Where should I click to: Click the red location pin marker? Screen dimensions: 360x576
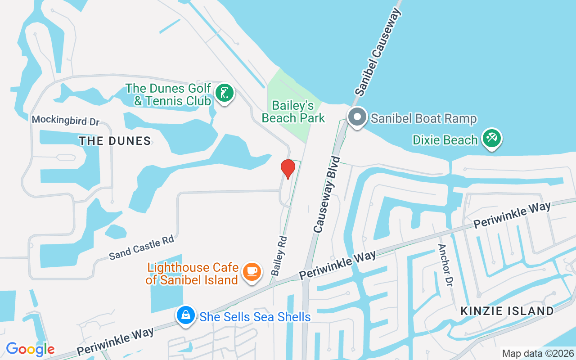tap(288, 168)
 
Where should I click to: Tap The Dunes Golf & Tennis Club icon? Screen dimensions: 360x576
tap(224, 93)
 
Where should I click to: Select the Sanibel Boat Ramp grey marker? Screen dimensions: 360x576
tap(357, 117)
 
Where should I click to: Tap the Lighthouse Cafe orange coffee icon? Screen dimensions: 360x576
tap(252, 271)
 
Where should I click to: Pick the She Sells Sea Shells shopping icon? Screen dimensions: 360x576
tap(185, 316)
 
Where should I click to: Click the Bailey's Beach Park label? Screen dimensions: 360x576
tap(293, 112)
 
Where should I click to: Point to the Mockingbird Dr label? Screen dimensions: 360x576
tap(65, 120)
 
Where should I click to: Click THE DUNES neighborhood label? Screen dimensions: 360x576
tap(115, 141)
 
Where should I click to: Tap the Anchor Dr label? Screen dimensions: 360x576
tap(445, 265)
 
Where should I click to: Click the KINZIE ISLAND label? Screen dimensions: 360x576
tap(507, 310)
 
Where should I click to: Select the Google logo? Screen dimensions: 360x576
tap(30, 349)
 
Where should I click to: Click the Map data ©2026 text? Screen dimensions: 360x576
tap(538, 353)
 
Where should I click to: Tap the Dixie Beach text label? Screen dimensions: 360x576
tap(445, 140)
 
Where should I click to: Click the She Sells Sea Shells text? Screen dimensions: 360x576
tap(255, 317)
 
